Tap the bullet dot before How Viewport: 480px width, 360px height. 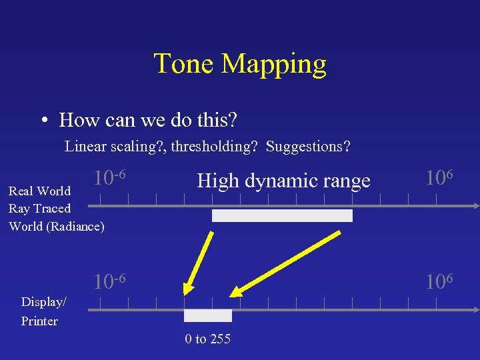coord(43,121)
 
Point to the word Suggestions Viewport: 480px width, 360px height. coord(308,147)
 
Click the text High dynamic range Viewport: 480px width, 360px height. coord(283,180)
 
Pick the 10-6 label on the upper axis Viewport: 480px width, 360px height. coord(110,178)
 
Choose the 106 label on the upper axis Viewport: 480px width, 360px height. coord(439,178)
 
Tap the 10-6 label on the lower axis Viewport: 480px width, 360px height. coord(110,281)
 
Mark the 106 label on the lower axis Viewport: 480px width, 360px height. coord(439,281)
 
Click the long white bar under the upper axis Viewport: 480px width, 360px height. coord(282,215)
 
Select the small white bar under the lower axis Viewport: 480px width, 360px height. coord(208,315)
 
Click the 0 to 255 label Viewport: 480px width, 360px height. coord(208,339)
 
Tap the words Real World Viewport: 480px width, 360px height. coord(39,191)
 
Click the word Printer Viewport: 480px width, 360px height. coord(40,321)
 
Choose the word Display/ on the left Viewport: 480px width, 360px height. coord(43,302)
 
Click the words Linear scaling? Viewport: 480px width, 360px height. coord(114,147)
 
